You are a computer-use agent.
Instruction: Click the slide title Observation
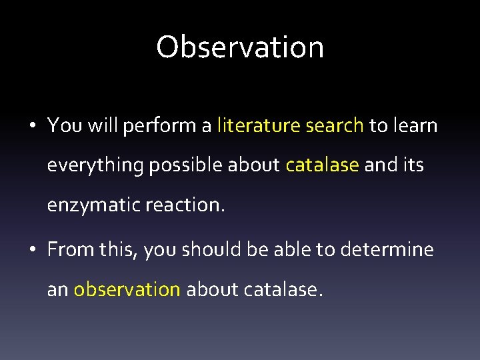coord(240,47)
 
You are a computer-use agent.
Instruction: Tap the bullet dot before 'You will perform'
coord(34,126)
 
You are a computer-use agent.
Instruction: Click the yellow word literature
coord(257,125)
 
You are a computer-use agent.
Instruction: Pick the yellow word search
coord(332,125)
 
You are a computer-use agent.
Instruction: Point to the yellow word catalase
coord(322,165)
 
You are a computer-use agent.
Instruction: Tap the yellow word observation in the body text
coord(127,290)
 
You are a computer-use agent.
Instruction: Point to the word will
coord(102,125)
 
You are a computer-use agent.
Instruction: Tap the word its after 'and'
coord(412,165)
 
